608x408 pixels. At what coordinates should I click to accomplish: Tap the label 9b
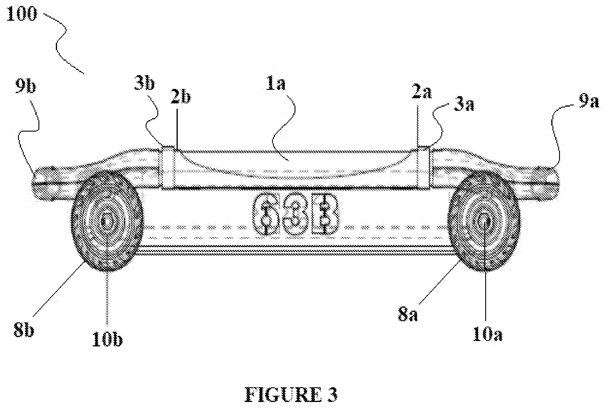(25, 87)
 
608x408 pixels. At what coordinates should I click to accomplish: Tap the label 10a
(487, 334)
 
